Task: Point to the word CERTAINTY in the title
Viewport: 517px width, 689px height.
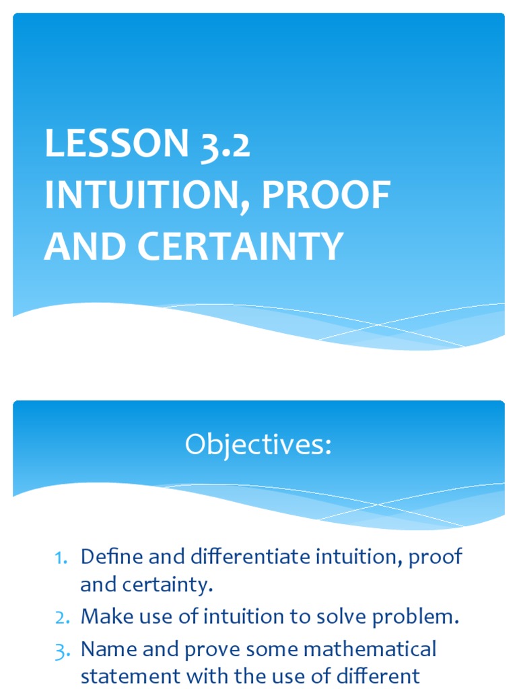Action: (x=242, y=247)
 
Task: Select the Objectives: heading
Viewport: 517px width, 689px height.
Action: (x=258, y=446)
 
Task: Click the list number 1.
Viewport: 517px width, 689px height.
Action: (x=62, y=558)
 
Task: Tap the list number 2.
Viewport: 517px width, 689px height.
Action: (x=62, y=618)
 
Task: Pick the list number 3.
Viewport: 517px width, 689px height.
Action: (x=62, y=649)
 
